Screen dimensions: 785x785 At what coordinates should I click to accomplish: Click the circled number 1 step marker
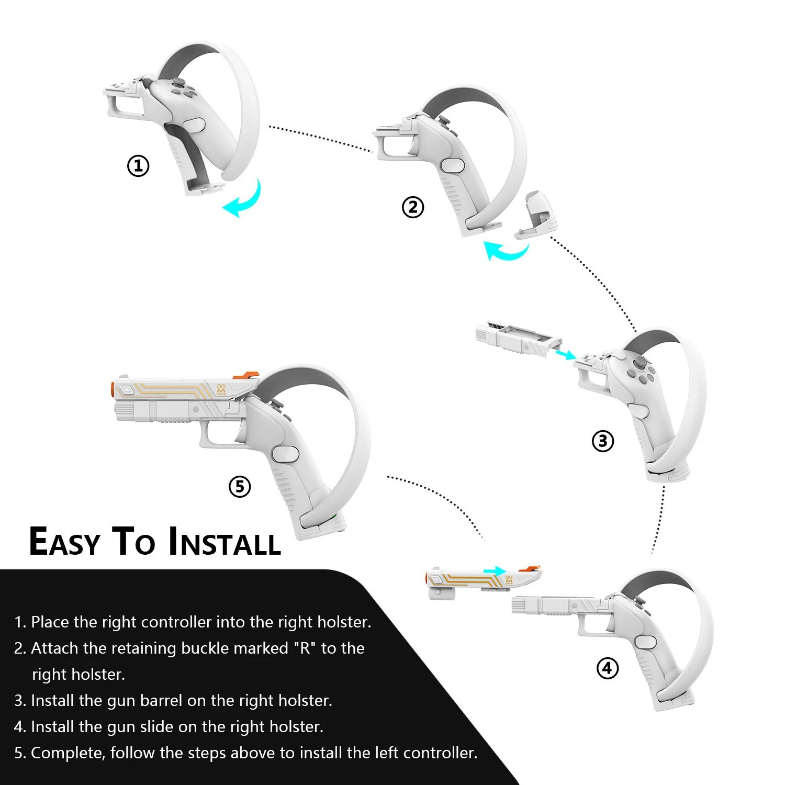coord(138,166)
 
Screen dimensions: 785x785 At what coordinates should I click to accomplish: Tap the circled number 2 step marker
coord(413,208)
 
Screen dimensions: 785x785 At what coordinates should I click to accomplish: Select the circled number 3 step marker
coord(603,441)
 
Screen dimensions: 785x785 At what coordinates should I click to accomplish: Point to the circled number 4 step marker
coord(608,668)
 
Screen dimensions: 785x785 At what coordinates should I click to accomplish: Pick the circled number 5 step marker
coord(240,487)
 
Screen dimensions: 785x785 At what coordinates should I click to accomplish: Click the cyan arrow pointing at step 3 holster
coord(564,355)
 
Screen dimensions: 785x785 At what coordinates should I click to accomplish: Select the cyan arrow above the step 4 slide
coord(495,570)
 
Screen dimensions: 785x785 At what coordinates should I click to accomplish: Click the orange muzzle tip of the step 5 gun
coord(113,390)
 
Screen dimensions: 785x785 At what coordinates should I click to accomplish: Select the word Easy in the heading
coord(64,542)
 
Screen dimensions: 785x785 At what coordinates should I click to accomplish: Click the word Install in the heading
coord(225,542)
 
